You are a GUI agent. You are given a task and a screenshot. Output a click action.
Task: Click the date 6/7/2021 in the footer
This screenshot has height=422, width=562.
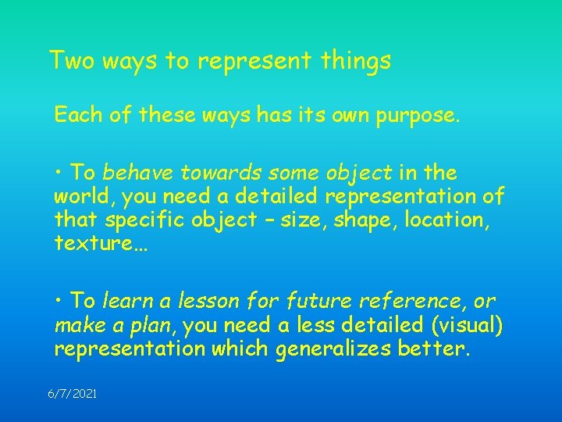click(72, 395)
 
